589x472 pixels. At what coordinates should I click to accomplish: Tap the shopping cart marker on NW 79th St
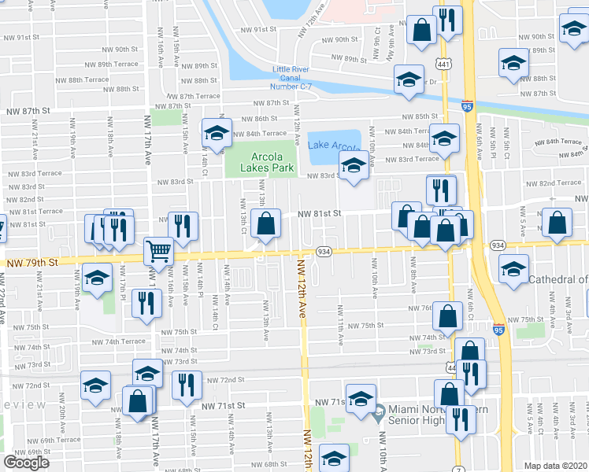click(159, 251)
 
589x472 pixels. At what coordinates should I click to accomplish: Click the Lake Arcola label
click(334, 146)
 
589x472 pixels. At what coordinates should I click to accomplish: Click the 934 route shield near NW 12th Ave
click(323, 250)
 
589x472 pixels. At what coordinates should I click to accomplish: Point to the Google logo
click(26, 463)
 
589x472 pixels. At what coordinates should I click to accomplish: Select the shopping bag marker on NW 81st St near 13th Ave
click(268, 223)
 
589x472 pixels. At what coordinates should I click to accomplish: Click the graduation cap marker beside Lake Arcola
click(354, 166)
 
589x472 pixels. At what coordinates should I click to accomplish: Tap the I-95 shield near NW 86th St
click(468, 105)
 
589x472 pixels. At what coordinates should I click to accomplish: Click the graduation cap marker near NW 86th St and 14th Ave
click(217, 132)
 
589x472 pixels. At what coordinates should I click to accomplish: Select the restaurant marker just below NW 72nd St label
click(187, 385)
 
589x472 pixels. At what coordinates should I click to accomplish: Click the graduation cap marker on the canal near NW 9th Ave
click(409, 79)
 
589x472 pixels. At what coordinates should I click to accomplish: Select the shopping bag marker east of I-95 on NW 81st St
click(558, 223)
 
